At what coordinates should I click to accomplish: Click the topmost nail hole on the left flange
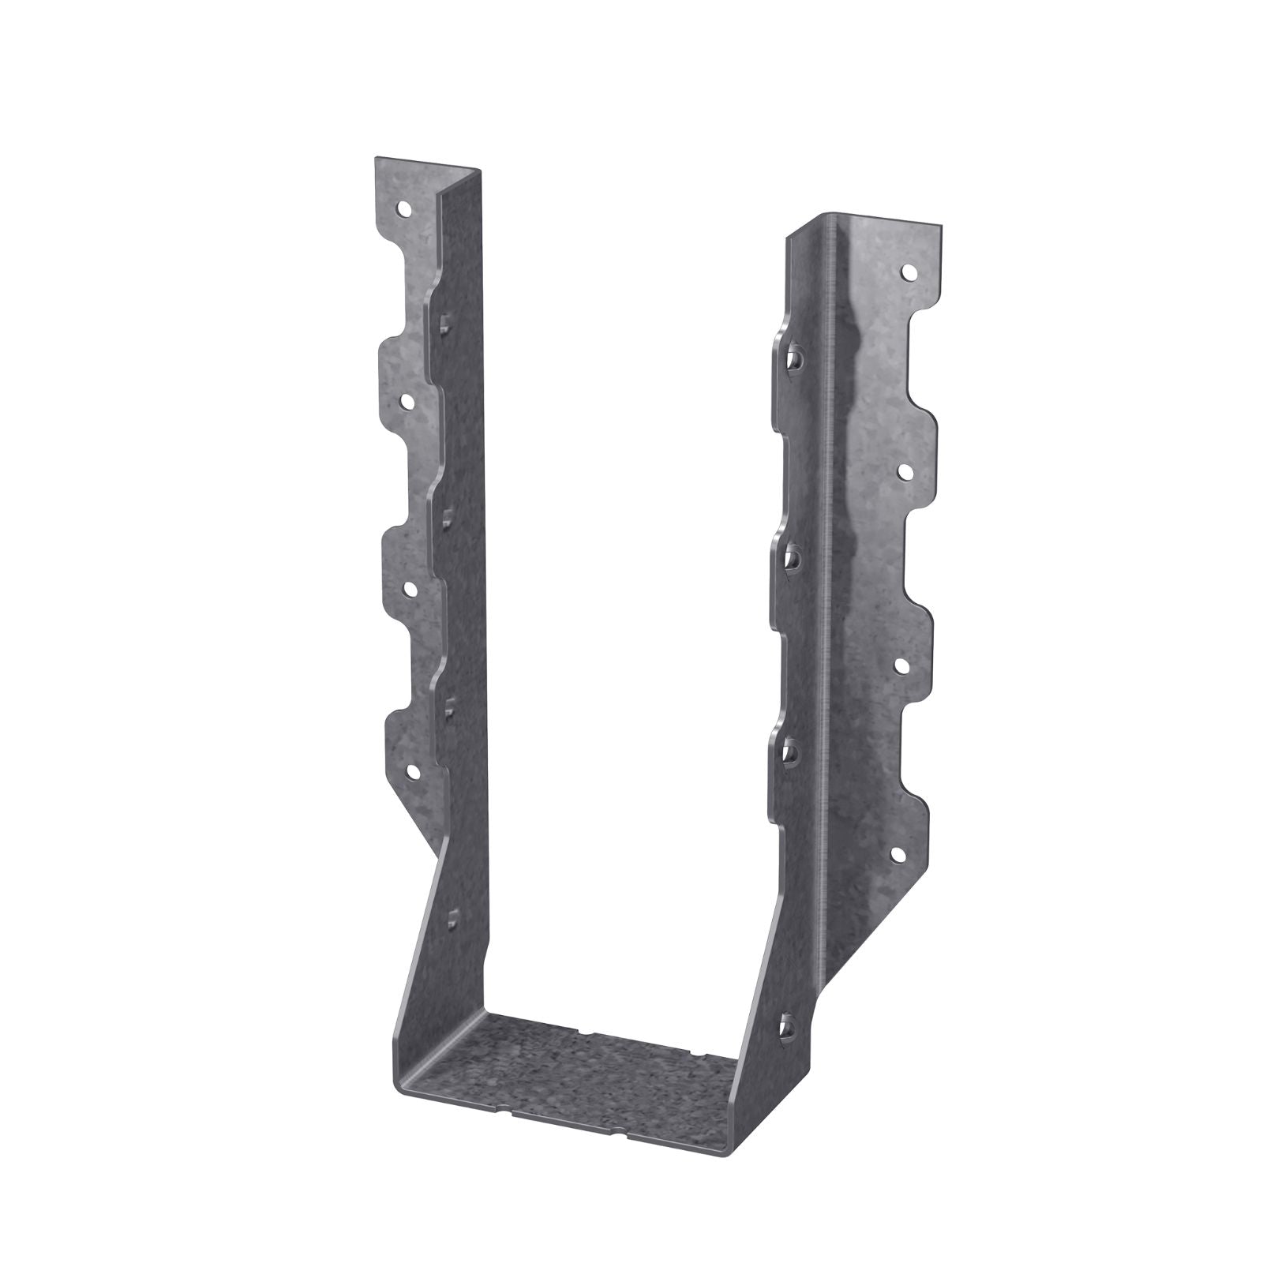pos(403,210)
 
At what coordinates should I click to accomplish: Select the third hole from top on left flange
pos(409,587)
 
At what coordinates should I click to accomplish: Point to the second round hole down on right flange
pos(905,471)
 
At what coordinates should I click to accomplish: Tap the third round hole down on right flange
pos(901,665)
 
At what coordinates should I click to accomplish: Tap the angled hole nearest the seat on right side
pos(786,1025)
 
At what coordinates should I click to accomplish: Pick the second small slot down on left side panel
pos(447,518)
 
